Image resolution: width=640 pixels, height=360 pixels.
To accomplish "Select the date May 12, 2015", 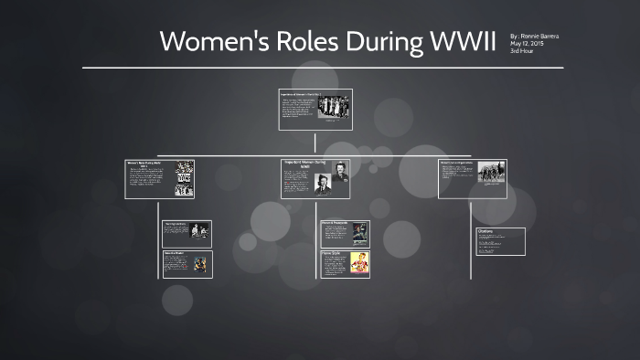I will coord(527,43).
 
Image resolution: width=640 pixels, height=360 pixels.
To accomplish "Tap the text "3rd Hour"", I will coord(523,50).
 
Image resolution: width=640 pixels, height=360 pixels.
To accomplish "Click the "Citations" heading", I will coord(485,231).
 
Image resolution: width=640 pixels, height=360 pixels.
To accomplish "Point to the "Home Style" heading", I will coord(330,252).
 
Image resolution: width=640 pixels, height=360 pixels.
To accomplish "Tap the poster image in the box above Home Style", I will coord(360,233).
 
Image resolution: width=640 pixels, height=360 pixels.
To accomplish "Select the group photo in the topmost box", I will coord(333,106).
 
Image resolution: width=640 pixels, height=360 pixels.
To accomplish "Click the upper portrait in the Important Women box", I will coord(339,172).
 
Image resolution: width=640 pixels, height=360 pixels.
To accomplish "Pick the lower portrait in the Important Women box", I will coord(323,184).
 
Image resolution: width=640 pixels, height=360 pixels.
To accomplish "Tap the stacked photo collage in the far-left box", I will coord(185,179).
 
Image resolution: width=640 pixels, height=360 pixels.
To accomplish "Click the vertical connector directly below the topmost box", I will coord(315,142).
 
